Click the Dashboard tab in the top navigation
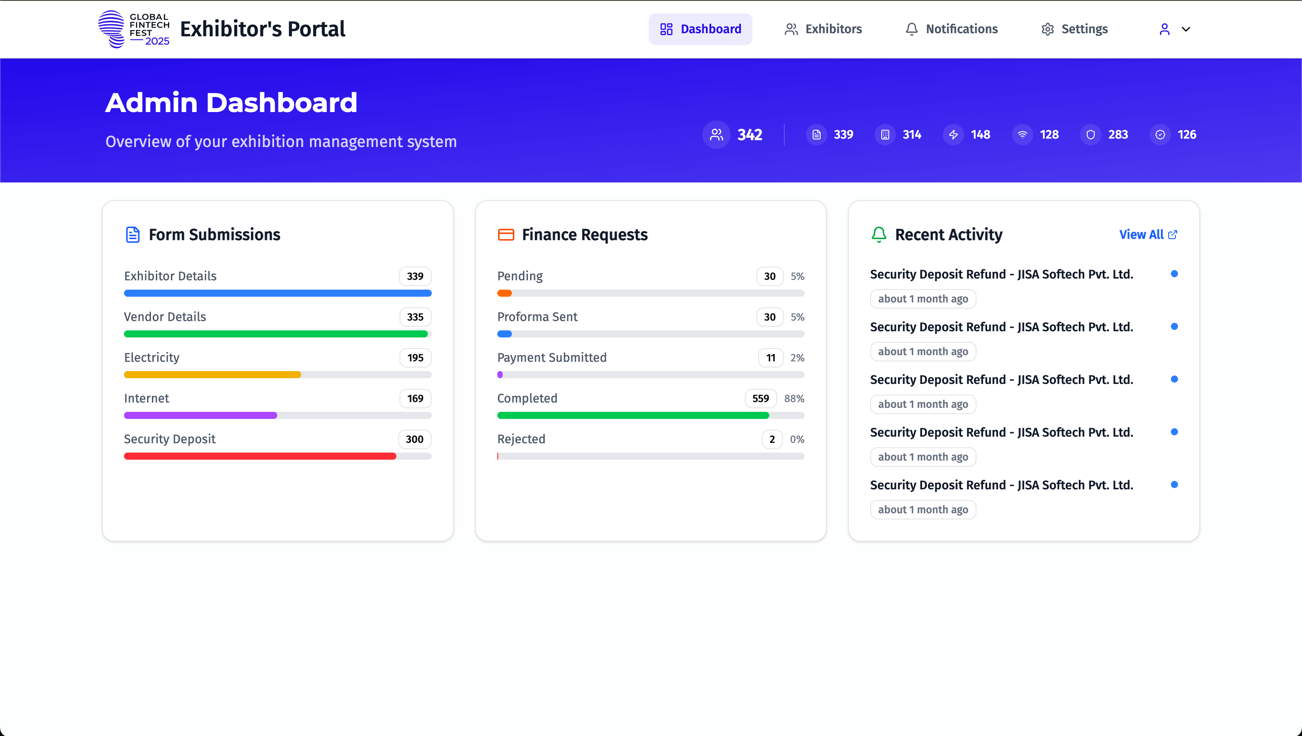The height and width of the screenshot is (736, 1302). tap(700, 29)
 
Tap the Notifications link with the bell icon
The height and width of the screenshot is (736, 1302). tap(951, 29)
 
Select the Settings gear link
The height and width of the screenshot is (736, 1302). tap(1074, 29)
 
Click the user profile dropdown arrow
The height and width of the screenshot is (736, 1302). tap(1186, 29)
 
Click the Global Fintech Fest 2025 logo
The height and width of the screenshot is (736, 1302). tap(133, 29)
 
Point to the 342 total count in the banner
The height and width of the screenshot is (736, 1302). tap(750, 135)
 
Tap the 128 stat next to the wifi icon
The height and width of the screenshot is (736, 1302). tap(1049, 135)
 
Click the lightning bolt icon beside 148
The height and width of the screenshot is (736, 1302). tap(953, 135)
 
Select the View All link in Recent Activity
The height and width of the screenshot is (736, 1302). tap(1148, 235)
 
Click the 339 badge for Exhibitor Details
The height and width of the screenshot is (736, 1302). tap(415, 276)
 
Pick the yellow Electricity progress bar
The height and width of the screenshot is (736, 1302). tap(212, 375)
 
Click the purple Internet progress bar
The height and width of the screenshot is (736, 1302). tap(200, 415)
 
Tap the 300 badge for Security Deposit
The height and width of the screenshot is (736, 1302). tap(415, 439)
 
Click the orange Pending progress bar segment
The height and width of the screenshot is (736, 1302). tap(504, 293)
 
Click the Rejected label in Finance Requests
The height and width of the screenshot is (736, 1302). tap(521, 439)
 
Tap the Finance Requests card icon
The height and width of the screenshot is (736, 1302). tap(506, 235)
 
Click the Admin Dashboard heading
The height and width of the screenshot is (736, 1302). tap(231, 103)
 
